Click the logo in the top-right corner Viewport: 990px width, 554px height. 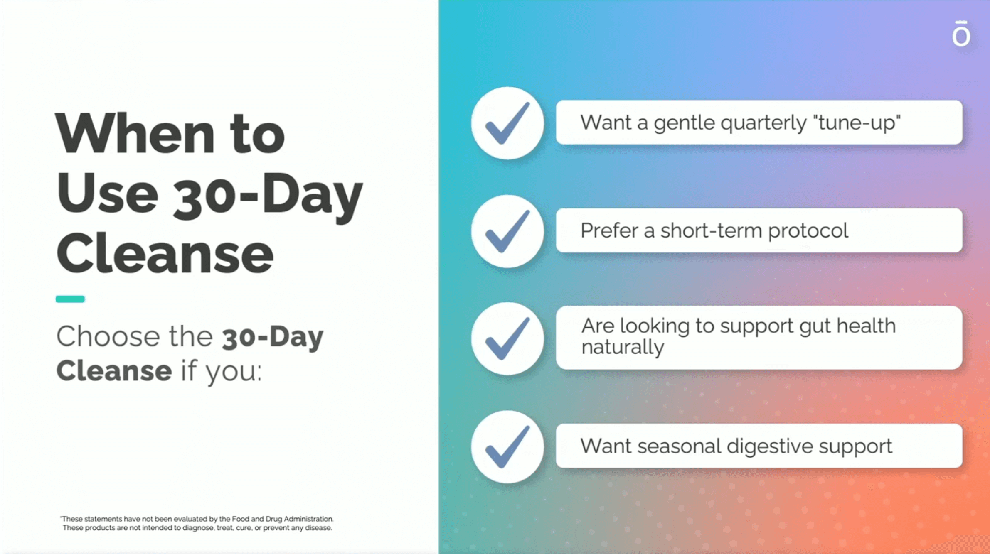coord(961,33)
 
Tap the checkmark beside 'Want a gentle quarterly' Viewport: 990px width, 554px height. coord(507,123)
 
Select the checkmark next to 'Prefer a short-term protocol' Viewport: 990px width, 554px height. coord(507,231)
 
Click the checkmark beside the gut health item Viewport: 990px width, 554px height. coord(507,338)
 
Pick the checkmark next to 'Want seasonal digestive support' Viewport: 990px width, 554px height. coord(507,447)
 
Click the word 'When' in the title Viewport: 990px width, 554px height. coord(135,134)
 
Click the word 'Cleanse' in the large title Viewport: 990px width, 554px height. coord(165,253)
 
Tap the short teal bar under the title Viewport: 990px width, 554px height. coord(70,299)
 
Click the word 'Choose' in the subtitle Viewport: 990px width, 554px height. coord(108,336)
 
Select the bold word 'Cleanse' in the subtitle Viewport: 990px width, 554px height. coord(114,370)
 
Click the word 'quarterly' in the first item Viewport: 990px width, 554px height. coord(763,123)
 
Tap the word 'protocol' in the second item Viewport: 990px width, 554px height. coord(808,231)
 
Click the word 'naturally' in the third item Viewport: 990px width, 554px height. coord(623,348)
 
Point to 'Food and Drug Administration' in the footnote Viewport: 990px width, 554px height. coord(282,519)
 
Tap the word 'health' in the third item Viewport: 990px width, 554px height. coord(866,326)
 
